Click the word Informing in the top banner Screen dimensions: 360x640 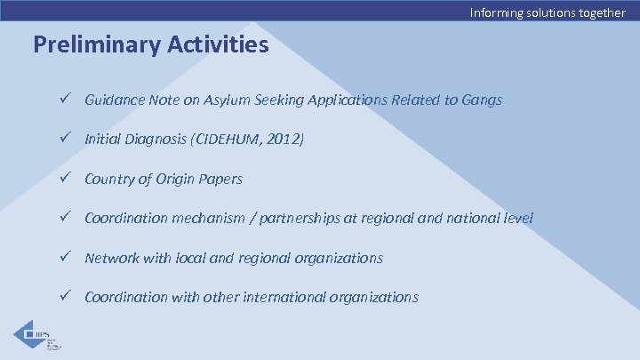(x=496, y=12)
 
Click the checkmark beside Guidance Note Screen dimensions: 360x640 (x=64, y=100)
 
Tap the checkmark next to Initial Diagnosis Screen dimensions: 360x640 (x=64, y=140)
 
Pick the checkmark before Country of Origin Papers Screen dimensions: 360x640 (x=64, y=179)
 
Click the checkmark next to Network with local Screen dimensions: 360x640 (x=64, y=258)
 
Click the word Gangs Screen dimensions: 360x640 (x=482, y=100)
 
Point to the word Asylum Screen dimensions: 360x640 (x=226, y=100)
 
